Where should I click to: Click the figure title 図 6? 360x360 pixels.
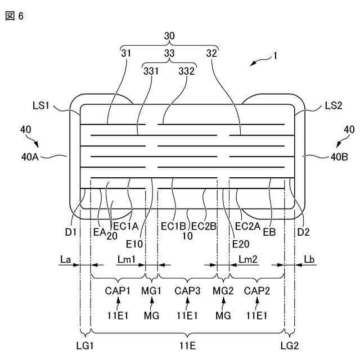[x=14, y=16]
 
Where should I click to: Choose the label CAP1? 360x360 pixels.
[x=117, y=291]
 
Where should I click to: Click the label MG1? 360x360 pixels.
[x=151, y=291]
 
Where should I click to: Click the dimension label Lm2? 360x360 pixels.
[x=248, y=258]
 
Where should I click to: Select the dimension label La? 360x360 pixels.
[x=65, y=258]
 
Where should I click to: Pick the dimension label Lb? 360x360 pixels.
[x=310, y=258]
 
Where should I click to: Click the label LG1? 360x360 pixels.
[x=84, y=344]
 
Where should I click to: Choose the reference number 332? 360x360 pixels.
[x=187, y=71]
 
